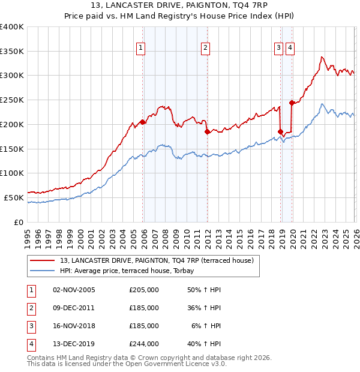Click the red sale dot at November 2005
143,122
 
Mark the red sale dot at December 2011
207,131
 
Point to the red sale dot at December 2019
292,103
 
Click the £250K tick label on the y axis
12,100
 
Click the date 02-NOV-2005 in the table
74,290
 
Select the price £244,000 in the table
143,344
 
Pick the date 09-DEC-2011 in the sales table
74,308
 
